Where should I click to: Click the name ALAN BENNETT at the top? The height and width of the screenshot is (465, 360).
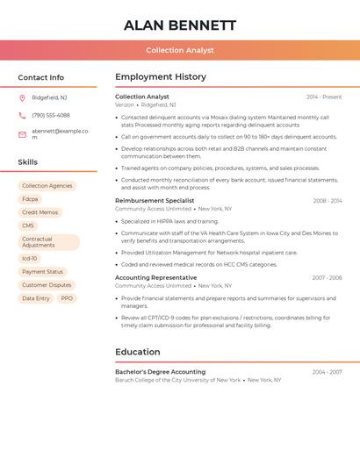pyautogui.click(x=180, y=25)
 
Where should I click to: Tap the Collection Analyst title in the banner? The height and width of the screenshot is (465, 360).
pyautogui.click(x=180, y=50)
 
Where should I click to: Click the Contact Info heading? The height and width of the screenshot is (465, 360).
pyautogui.click(x=41, y=77)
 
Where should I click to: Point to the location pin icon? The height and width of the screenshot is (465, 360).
pyautogui.click(x=22, y=97)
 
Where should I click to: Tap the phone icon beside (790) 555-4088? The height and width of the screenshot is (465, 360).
pyautogui.click(x=22, y=115)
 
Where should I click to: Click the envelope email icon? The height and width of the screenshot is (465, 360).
pyautogui.click(x=22, y=134)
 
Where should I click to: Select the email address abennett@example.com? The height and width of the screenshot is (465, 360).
pyautogui.click(x=60, y=133)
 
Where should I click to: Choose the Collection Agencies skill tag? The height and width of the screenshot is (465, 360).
pyautogui.click(x=47, y=186)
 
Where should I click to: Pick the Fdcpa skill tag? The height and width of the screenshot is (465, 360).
pyautogui.click(x=30, y=199)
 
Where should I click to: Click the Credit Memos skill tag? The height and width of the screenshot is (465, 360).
pyautogui.click(x=40, y=212)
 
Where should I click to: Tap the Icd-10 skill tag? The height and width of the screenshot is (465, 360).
pyautogui.click(x=30, y=258)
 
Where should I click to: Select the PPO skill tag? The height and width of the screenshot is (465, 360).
pyautogui.click(x=67, y=298)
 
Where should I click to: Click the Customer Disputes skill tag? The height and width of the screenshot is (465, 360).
pyautogui.click(x=47, y=285)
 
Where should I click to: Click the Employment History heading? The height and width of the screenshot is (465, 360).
pyautogui.click(x=161, y=77)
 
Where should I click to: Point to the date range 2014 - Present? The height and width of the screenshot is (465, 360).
pyautogui.click(x=324, y=97)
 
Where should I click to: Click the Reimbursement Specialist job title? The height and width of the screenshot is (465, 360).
pyautogui.click(x=155, y=201)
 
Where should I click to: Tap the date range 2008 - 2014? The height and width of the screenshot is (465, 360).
pyautogui.click(x=328, y=201)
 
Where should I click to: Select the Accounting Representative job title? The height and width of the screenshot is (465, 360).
pyautogui.click(x=155, y=277)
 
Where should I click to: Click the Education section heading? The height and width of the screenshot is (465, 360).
pyautogui.click(x=137, y=352)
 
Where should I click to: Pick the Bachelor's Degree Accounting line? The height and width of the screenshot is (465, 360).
pyautogui.click(x=160, y=372)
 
